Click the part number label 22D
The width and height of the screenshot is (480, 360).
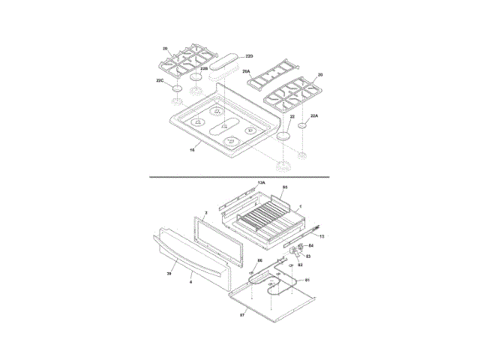click(x=249, y=56)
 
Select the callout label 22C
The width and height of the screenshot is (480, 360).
click(x=160, y=80)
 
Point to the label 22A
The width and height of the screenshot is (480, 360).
click(x=314, y=116)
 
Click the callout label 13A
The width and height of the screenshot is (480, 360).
click(x=261, y=182)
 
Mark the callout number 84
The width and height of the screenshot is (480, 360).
click(x=311, y=245)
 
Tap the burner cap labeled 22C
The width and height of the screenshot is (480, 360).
click(x=177, y=88)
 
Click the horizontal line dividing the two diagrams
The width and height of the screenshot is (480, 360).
click(x=240, y=177)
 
